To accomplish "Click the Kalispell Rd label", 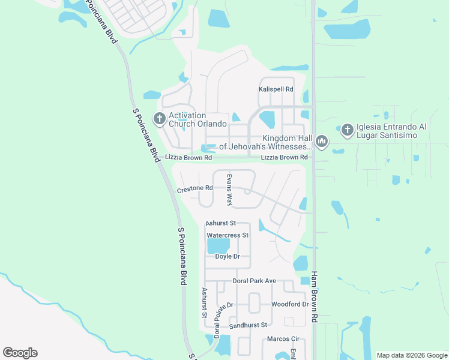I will coord(276,89).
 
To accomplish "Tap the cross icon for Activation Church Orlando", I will coord(160,118).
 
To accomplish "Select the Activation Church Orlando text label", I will coord(197,119).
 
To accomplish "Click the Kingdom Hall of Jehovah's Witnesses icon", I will coord(322,142).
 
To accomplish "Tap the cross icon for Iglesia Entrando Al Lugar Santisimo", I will coord(347,129).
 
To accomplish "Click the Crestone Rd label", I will coord(194,188).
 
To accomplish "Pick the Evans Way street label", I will coord(229,190).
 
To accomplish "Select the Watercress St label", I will coord(227,235).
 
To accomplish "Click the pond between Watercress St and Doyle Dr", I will coord(218,246).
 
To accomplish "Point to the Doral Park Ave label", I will coord(254,281).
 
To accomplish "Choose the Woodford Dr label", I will coord(289,304).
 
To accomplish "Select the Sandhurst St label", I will coord(247,325).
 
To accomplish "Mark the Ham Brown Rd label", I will coord(313,298).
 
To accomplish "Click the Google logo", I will coord(20,353).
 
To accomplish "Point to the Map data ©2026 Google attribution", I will coord(411,355).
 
